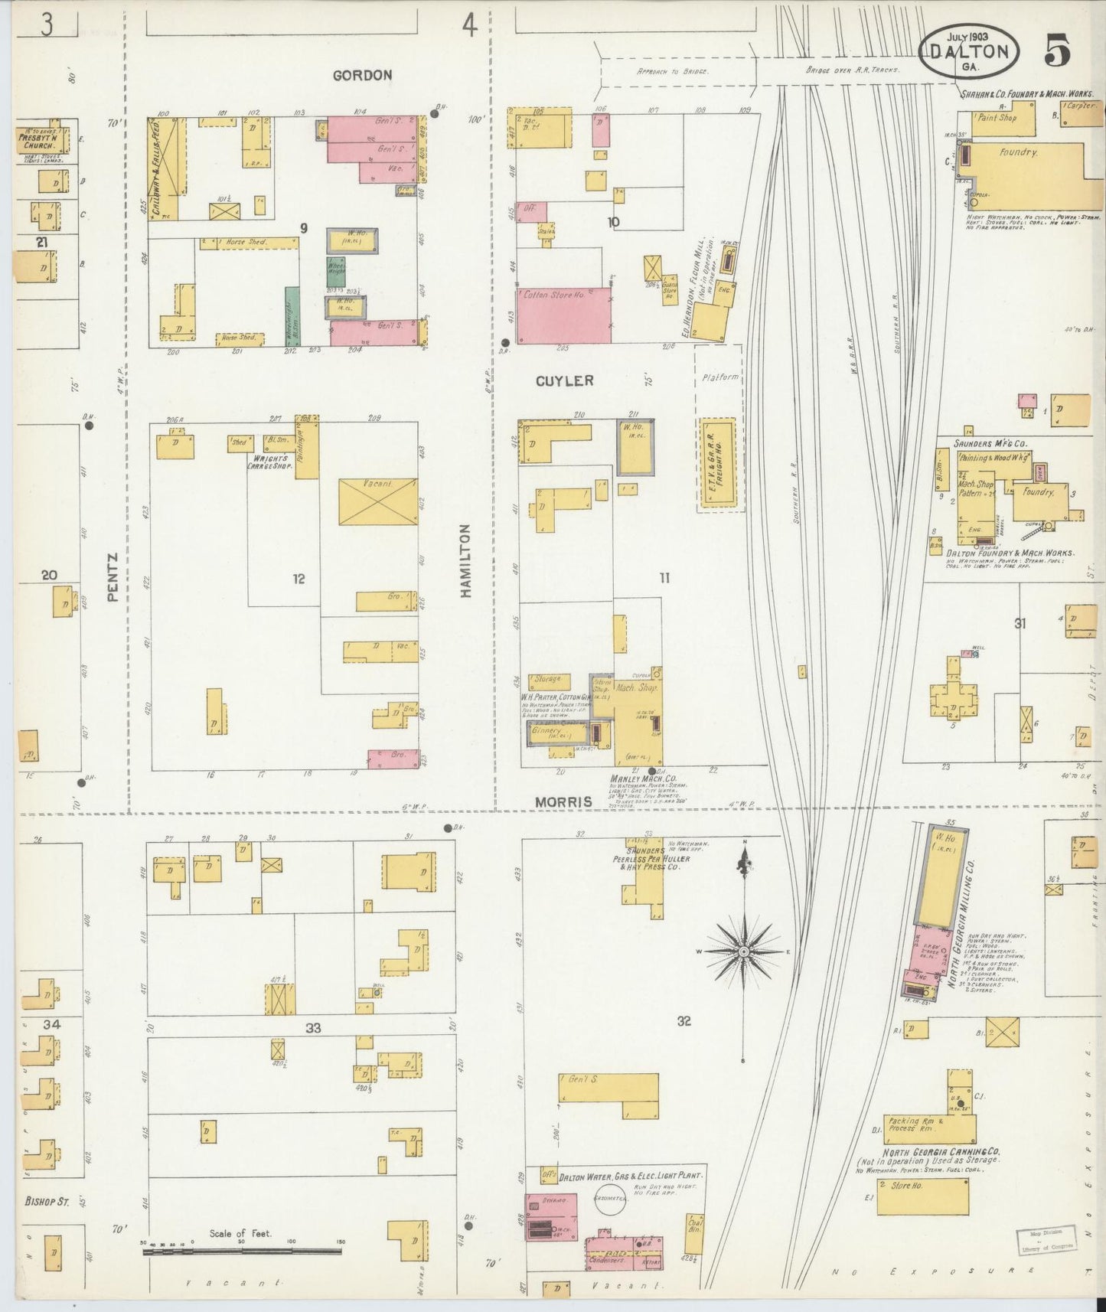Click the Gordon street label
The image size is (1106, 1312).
(x=362, y=75)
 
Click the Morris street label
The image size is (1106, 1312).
(x=563, y=801)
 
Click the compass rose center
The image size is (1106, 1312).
(x=742, y=951)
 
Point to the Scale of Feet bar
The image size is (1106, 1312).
(x=242, y=1251)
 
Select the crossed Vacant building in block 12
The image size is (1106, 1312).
(x=378, y=501)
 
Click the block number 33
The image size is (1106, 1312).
(x=313, y=1028)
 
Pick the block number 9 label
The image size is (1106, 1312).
(x=304, y=227)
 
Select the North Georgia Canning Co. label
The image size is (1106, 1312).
(x=931, y=1152)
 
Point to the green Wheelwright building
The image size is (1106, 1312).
(x=336, y=271)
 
